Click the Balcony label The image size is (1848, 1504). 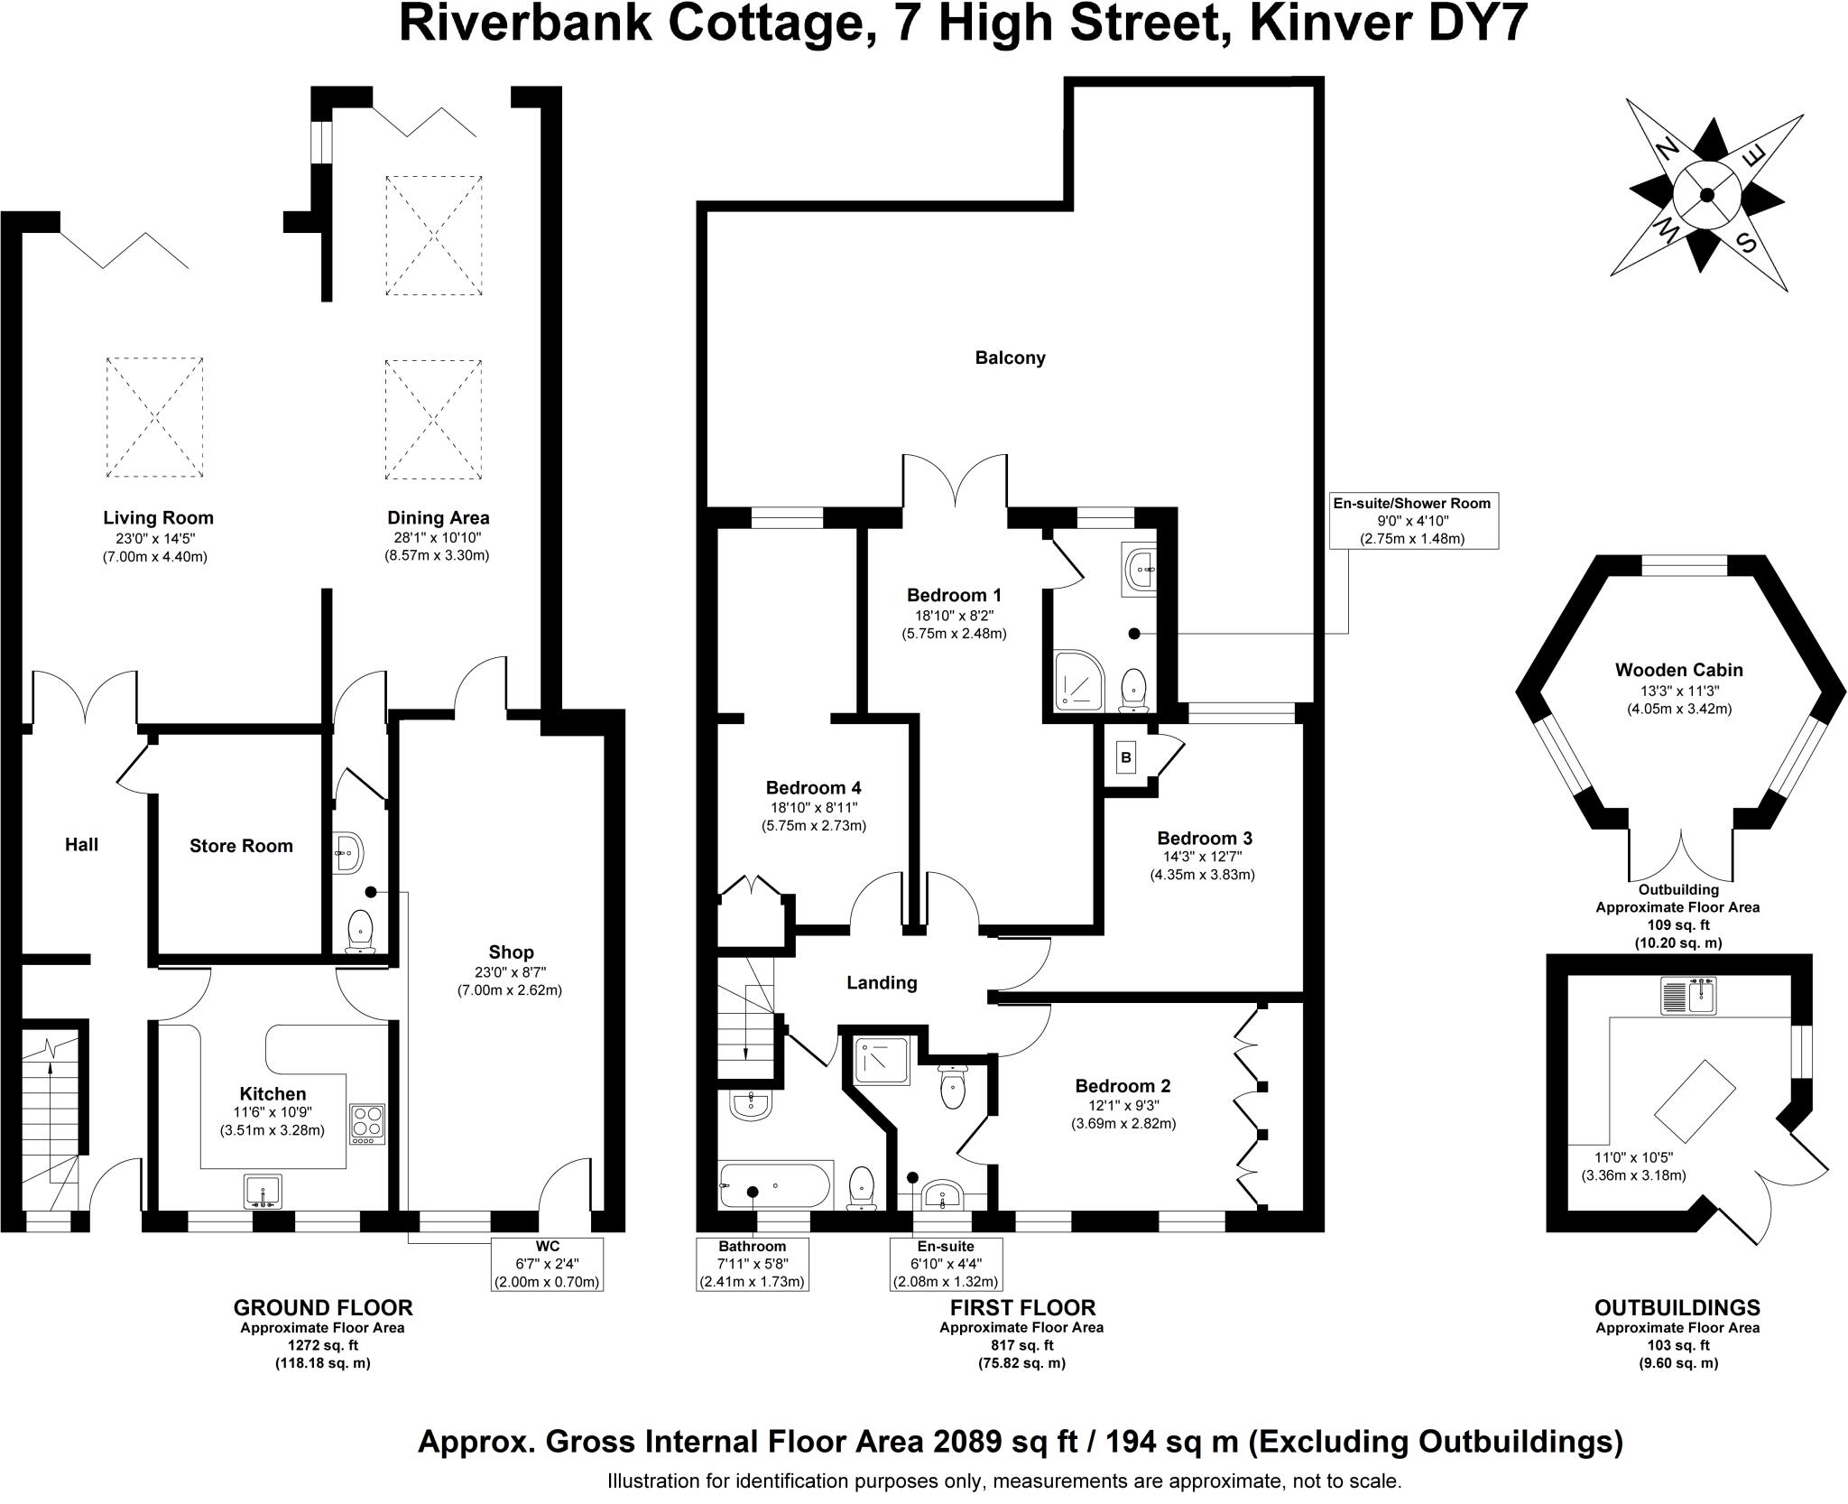1010,357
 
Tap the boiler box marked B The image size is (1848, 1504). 1125,757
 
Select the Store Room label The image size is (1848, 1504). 241,846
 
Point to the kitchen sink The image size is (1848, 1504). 263,1191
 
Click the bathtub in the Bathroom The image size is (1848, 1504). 775,1185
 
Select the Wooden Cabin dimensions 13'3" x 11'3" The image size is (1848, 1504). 1678,691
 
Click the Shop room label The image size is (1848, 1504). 511,952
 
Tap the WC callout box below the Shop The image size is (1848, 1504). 546,1264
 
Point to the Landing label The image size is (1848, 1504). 882,983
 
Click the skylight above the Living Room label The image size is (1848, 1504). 154,417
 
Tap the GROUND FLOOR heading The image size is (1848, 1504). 322,1307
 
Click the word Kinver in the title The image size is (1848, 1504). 1307,24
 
